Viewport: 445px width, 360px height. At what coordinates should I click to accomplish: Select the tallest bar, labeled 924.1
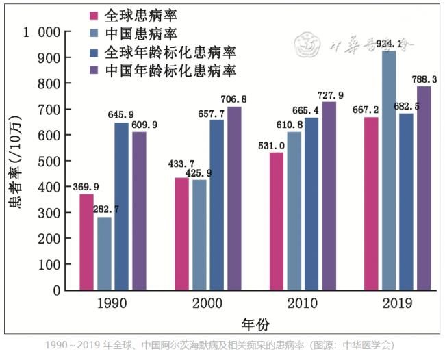(389, 170)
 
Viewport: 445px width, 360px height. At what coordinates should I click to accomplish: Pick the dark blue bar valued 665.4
(311, 204)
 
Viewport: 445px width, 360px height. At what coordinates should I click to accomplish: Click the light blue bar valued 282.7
(104, 253)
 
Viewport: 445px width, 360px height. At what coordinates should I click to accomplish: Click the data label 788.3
(424, 79)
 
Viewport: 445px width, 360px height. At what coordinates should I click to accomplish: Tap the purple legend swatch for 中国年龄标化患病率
(96, 71)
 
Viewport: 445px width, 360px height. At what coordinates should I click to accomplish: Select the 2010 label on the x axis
(302, 303)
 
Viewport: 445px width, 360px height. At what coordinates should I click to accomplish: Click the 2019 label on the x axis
(398, 303)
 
